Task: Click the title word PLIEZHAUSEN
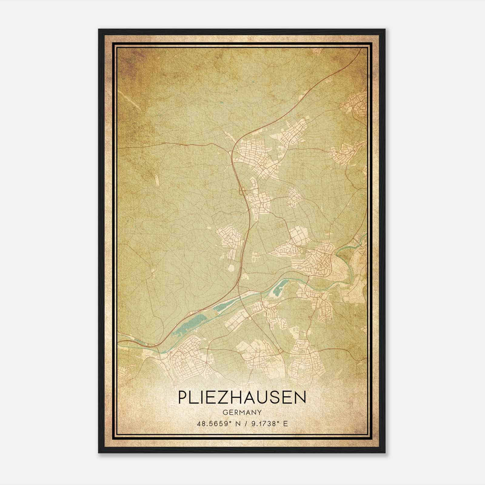(x=242, y=397)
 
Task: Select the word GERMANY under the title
(x=242, y=412)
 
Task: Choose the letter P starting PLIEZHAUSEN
(x=183, y=397)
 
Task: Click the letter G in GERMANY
(x=225, y=412)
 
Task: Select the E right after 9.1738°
(x=285, y=423)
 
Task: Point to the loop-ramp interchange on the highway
(x=242, y=190)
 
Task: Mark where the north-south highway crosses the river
(x=241, y=297)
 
